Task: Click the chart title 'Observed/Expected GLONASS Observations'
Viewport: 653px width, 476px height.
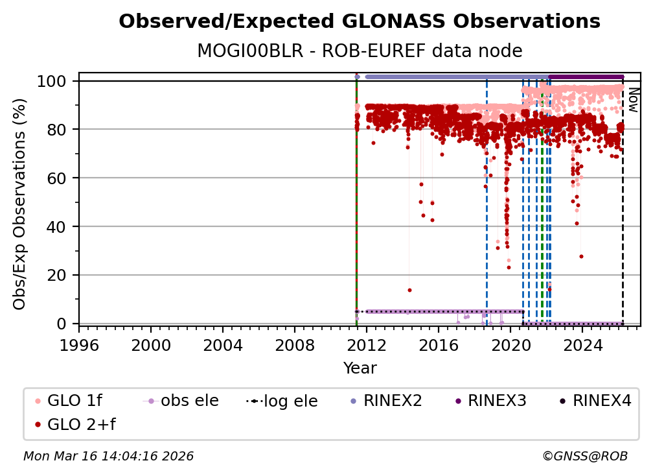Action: [x=360, y=21]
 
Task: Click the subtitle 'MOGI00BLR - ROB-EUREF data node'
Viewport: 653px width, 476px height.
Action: [x=360, y=51]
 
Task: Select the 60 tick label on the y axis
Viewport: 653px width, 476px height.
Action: [x=58, y=178]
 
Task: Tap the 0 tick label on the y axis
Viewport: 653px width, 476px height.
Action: [x=63, y=323]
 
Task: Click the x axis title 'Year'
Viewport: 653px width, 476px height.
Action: [x=360, y=368]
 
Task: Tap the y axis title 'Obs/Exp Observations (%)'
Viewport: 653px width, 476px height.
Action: [x=21, y=204]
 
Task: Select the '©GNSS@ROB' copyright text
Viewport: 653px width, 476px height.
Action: [x=584, y=457]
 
